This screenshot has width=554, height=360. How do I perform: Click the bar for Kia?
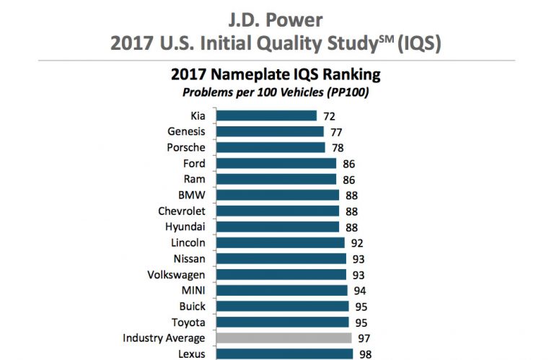(x=266, y=115)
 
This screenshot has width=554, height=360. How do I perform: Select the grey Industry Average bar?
(x=283, y=338)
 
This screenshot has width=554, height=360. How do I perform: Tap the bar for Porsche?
(x=271, y=147)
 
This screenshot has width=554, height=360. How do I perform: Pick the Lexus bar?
(x=285, y=354)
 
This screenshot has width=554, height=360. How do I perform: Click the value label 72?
(x=329, y=115)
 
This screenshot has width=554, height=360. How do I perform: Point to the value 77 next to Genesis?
(x=336, y=131)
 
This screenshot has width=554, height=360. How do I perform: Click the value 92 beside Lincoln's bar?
(x=357, y=242)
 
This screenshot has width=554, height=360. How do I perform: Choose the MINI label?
(x=191, y=290)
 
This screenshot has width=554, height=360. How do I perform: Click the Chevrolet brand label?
(x=181, y=211)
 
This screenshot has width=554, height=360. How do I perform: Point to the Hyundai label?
(x=185, y=227)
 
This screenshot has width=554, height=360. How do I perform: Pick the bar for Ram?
(x=276, y=179)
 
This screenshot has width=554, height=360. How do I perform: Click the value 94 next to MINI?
(x=360, y=290)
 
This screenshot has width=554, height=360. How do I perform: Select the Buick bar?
(x=282, y=306)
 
